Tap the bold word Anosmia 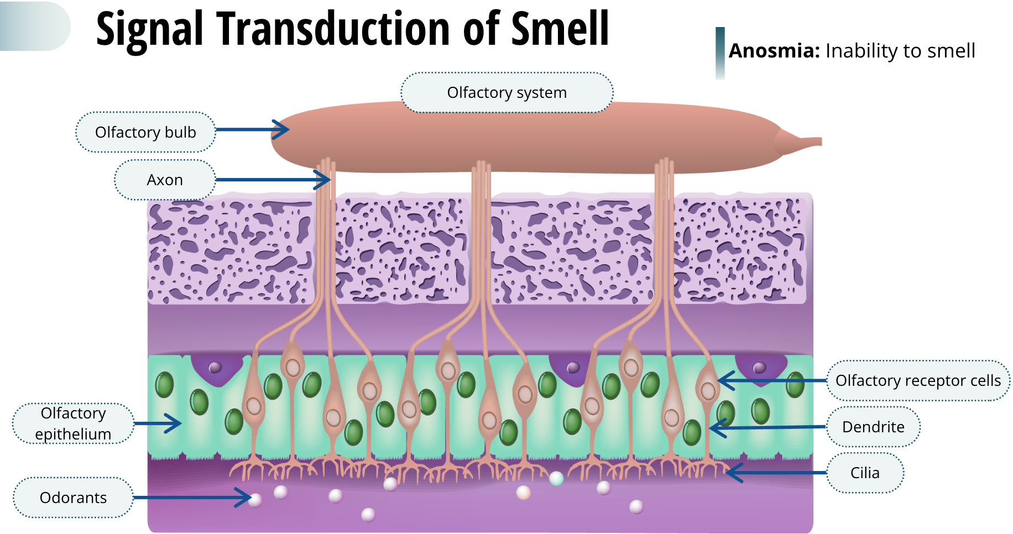[x=774, y=51]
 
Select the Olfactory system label [x=506, y=92]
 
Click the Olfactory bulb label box [x=145, y=132]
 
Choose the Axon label [x=165, y=180]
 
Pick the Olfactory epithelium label [x=73, y=423]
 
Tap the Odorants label [x=73, y=498]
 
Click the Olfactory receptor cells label [x=918, y=380]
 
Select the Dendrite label [x=873, y=427]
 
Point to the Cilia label [x=865, y=473]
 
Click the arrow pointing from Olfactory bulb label [x=252, y=129]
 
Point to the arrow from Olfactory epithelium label [x=158, y=423]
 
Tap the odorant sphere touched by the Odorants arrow [x=255, y=500]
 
